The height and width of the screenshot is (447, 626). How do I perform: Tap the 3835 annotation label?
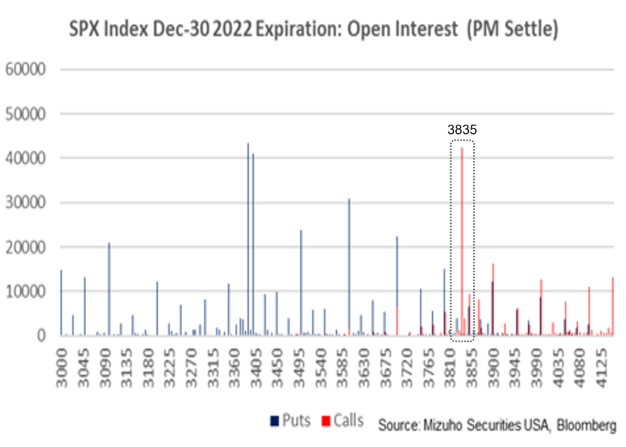click(x=462, y=130)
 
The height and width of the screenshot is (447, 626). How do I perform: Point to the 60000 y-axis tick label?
click(x=26, y=69)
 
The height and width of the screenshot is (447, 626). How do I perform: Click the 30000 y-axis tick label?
click(x=26, y=202)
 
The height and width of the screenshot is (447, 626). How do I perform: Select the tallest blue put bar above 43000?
click(x=248, y=238)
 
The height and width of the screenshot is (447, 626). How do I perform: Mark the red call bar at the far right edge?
click(x=613, y=306)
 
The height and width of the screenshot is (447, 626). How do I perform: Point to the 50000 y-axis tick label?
click(x=26, y=114)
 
